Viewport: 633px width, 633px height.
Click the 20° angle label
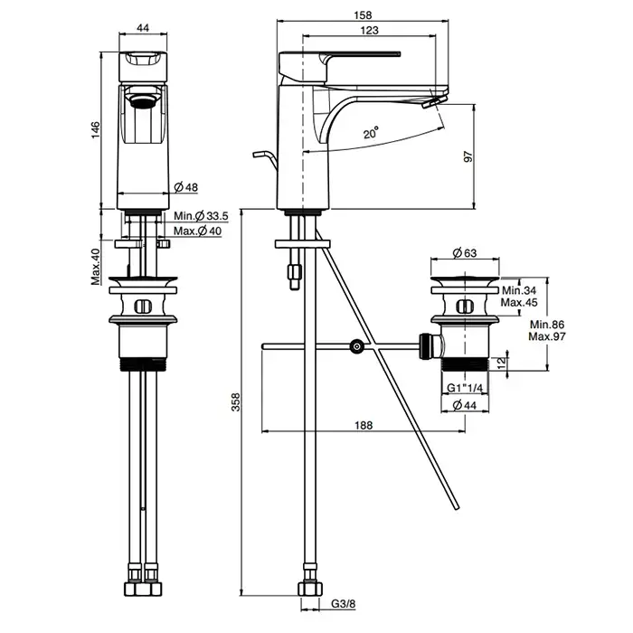371,133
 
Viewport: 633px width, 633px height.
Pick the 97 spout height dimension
468,156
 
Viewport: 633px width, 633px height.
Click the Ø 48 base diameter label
186,187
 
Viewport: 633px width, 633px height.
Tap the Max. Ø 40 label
199,231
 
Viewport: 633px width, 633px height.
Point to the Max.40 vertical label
94,267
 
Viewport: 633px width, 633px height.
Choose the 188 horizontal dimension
364,425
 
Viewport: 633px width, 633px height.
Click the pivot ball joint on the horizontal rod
358,345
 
